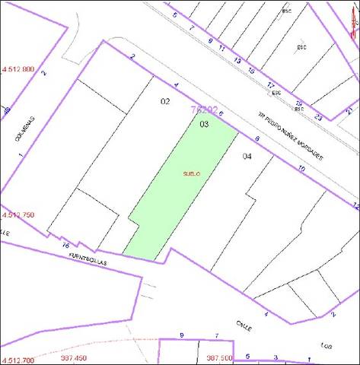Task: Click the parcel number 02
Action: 165,101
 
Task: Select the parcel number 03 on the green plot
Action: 204,123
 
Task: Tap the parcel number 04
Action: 247,156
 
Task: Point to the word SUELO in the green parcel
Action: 191,173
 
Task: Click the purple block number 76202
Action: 204,109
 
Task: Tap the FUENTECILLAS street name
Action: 89,259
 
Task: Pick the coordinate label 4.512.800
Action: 18,69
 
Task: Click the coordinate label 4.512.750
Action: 18,215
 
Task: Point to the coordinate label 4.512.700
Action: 18,357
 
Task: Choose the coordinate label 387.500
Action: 219,358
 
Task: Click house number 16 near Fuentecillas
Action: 65,246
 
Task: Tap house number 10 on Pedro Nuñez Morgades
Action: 302,167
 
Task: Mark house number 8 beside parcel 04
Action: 257,138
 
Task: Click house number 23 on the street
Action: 318,117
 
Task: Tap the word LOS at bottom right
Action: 327,341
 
